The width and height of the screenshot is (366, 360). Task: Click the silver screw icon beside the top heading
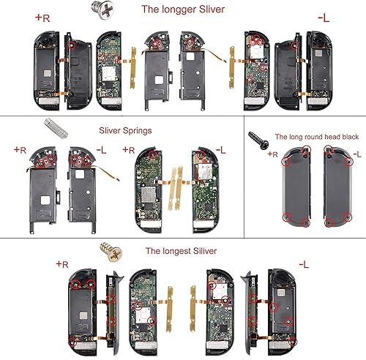[94, 8]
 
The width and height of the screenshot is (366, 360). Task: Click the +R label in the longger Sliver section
[42, 16]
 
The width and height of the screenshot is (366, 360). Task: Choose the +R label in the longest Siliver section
[63, 262]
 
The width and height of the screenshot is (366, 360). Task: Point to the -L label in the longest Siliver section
[305, 262]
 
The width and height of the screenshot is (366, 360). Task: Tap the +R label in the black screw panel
[273, 154]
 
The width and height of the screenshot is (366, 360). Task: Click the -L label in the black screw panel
[356, 154]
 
